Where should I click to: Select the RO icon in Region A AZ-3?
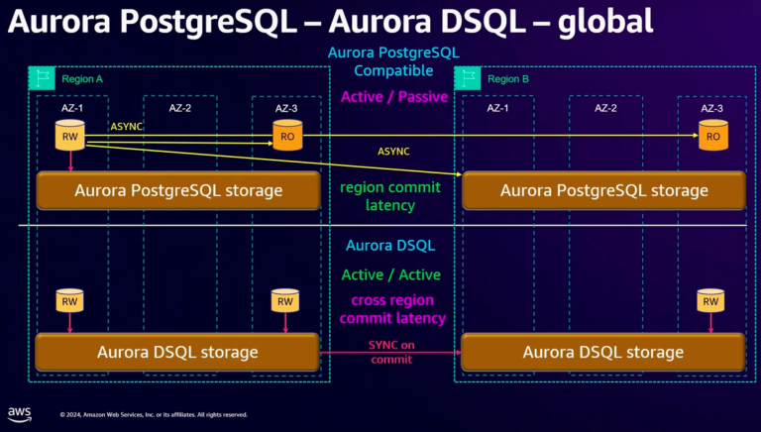coord(285,136)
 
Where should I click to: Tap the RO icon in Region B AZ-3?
coord(709,136)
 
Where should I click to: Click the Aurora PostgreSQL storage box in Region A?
coord(176,190)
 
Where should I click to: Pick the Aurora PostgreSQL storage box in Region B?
coord(603,190)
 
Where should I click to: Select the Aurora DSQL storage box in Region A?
coord(176,352)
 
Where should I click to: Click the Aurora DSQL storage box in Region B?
coord(603,352)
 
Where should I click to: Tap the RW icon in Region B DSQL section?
coord(709,300)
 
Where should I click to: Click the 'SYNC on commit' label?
coord(389,350)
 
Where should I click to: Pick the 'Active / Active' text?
coord(390,274)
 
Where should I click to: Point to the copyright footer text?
coord(154,414)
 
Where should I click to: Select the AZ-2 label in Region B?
coord(604,107)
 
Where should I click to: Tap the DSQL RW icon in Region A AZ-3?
coord(285,300)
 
